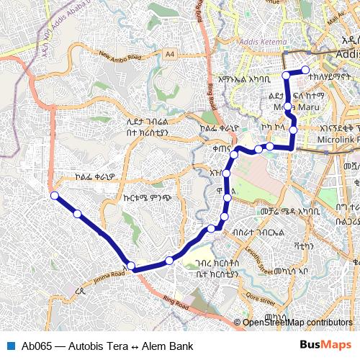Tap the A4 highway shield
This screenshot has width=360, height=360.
[x=168, y=53]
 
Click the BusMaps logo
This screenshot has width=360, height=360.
[x=325, y=346]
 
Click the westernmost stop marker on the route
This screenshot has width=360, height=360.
[x=53, y=195]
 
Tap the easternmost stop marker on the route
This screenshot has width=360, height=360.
[x=305, y=70]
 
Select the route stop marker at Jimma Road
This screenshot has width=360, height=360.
[x=131, y=266]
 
